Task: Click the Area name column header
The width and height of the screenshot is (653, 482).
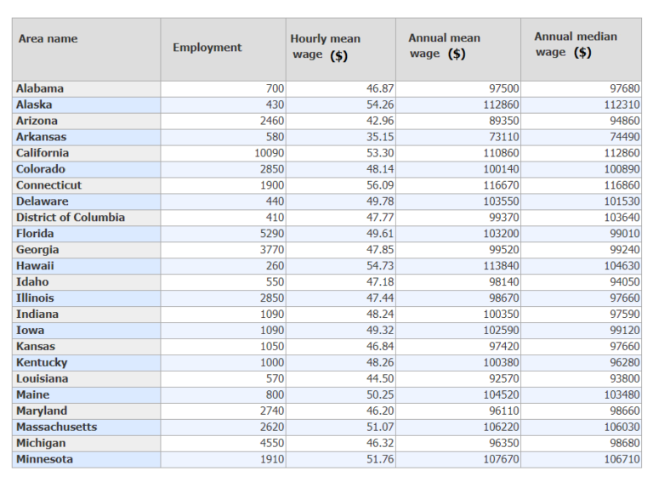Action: (48, 39)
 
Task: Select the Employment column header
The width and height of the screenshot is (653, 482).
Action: (207, 48)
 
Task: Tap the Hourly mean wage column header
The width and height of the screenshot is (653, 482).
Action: (325, 47)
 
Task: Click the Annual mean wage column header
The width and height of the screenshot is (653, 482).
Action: (444, 46)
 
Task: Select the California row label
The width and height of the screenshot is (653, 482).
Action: (43, 153)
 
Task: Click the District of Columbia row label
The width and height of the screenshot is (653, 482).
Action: (70, 218)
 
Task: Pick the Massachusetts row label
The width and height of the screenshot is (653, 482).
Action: (56, 427)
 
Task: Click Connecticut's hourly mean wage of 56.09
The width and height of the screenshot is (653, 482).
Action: (379, 185)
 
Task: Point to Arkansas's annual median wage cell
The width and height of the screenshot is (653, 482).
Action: (623, 137)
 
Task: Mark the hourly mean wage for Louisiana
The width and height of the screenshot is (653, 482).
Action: (379, 378)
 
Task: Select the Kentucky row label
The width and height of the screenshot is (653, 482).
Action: (41, 362)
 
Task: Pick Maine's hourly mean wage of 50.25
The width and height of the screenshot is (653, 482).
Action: (379, 394)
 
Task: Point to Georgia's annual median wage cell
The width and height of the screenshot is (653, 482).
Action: (623, 250)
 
